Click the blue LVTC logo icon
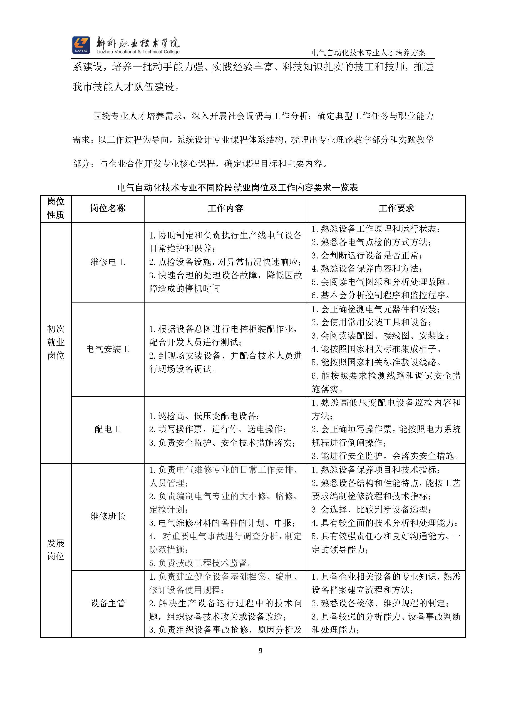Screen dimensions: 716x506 coord(81,45)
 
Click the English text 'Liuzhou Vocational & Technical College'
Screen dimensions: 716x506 coord(138,52)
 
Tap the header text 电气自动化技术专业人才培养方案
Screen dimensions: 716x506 coord(368,53)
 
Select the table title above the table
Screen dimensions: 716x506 coord(237,188)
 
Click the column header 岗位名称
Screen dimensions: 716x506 coord(108,208)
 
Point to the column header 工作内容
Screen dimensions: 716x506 coord(225,208)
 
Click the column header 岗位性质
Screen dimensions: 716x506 coord(56,208)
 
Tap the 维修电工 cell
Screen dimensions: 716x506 coord(108,262)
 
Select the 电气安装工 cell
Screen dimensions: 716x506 coord(108,349)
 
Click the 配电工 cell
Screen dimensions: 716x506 coord(108,429)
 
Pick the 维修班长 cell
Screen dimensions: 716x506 coord(108,516)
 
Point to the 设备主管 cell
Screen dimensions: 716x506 coord(108,603)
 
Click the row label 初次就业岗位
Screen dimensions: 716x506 coord(56,342)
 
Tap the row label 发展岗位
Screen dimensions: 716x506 coord(56,550)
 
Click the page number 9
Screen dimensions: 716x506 coord(261,651)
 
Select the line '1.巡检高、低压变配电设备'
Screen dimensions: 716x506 coord(204,416)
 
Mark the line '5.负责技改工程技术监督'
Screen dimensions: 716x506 coord(201,563)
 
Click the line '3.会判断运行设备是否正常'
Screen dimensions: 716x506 coord(367,255)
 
